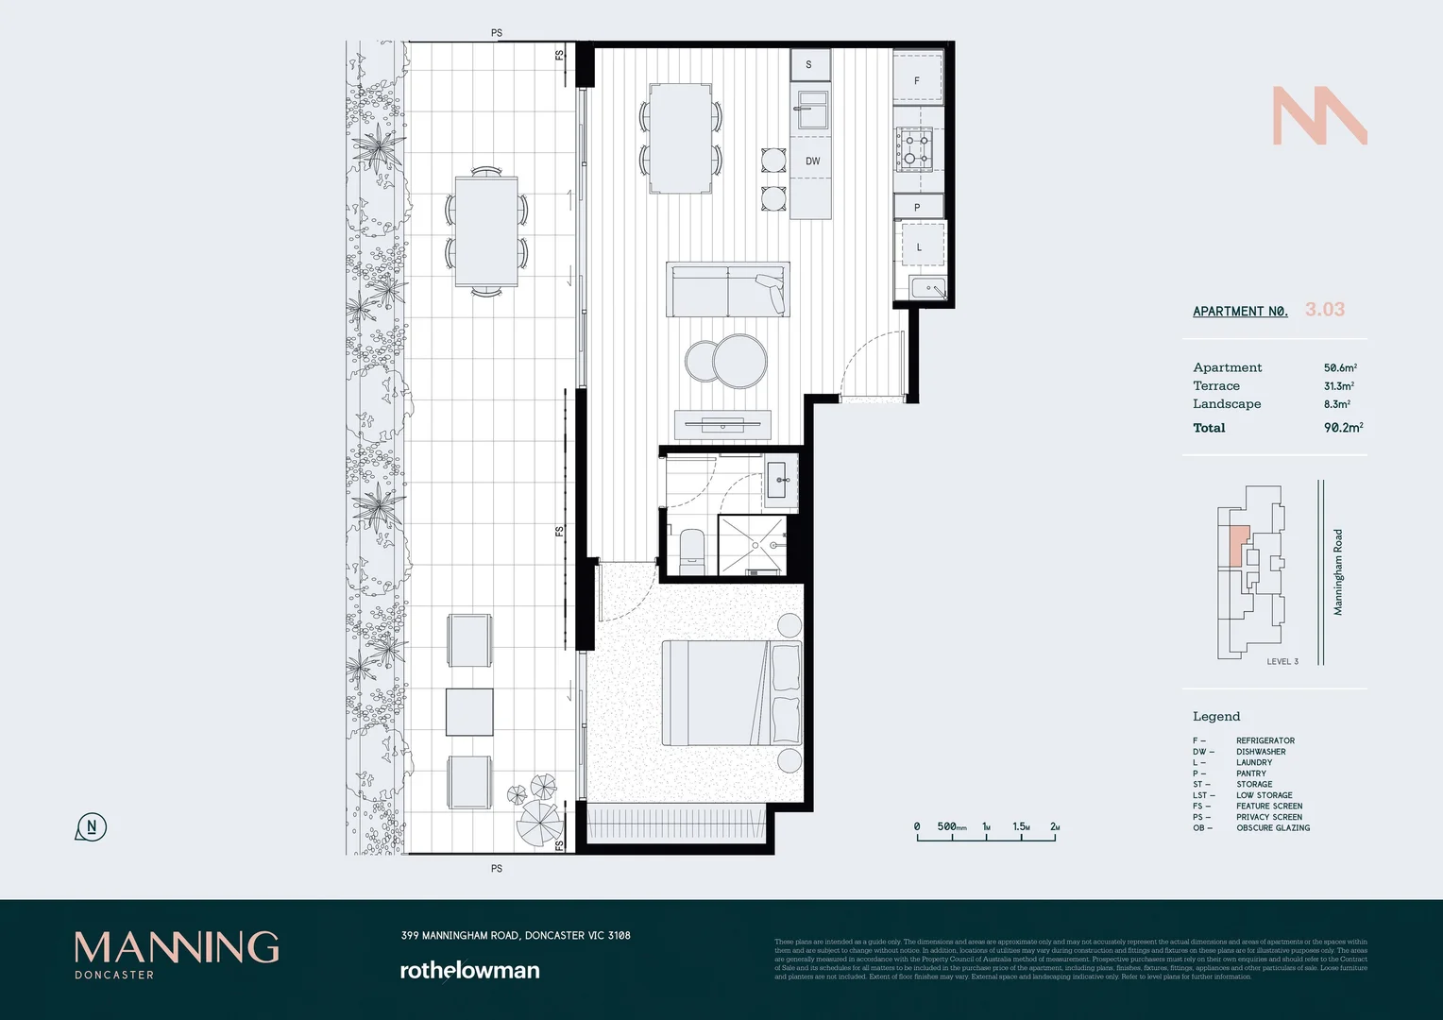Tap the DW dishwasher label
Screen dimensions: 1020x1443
tap(812, 161)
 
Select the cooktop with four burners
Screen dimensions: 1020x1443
tap(914, 149)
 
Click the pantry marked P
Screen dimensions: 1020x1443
tap(917, 207)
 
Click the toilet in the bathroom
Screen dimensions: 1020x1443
tap(691, 551)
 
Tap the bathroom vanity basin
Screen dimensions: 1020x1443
tap(780, 481)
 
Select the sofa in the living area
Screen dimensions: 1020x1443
tap(726, 291)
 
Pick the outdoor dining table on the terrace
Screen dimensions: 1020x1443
tap(486, 231)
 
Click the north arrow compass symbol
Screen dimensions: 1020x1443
tap(91, 827)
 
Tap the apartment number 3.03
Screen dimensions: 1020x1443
tap(1324, 310)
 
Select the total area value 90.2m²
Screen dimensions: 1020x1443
tap(1342, 428)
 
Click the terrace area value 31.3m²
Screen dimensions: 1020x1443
tap(1338, 386)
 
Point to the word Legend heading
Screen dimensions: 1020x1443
tap(1216, 716)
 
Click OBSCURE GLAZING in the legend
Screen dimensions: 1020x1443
tap(1272, 828)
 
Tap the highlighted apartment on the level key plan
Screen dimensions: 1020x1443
tap(1238, 547)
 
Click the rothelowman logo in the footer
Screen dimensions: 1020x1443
tap(469, 970)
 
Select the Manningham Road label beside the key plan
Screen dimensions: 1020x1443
tap(1337, 572)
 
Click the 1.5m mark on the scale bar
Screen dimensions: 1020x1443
tap(1021, 826)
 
